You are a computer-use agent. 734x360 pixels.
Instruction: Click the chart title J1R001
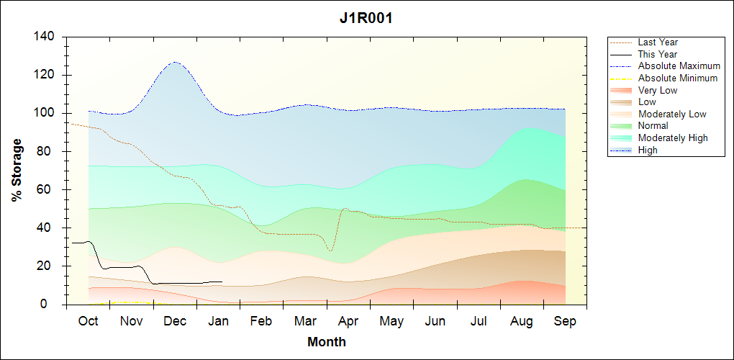tap(366, 19)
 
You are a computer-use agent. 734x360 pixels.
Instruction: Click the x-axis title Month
tap(326, 342)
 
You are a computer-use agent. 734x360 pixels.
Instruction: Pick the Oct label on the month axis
tap(88, 321)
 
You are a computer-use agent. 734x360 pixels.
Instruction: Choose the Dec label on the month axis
tap(175, 321)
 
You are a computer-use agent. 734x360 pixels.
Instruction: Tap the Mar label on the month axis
tap(305, 321)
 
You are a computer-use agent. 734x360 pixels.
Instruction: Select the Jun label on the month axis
tap(435, 321)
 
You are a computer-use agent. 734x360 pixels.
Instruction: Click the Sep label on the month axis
tap(565, 321)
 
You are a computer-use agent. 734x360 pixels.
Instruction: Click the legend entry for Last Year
tap(658, 42)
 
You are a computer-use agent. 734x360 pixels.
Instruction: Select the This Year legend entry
tap(658, 54)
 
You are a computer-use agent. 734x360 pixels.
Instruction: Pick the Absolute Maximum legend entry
tap(679, 66)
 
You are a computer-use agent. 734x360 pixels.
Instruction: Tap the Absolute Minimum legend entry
tap(678, 78)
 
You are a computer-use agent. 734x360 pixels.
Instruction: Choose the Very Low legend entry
tap(658, 90)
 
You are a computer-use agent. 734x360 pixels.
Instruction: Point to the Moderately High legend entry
tap(673, 138)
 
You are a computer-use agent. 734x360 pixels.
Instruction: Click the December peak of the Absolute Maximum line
tap(175, 62)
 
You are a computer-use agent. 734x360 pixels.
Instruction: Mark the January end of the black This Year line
tap(222, 282)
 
